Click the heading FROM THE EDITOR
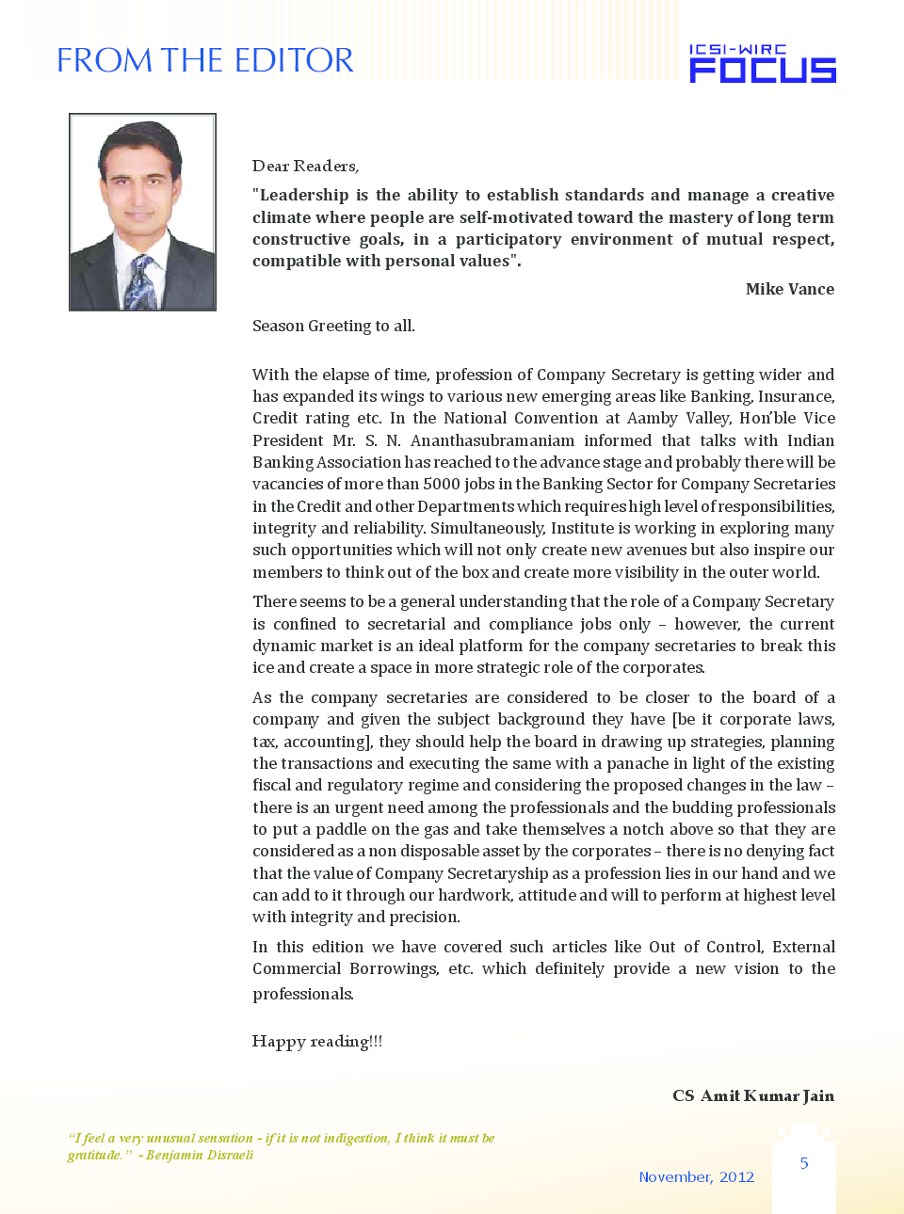coord(204,60)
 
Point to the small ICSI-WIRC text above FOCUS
coord(736,49)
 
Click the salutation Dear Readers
coord(305,166)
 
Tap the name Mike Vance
coord(789,289)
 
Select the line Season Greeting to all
coord(333,326)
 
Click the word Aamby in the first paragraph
coord(653,418)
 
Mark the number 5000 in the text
coord(442,484)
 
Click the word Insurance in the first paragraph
coord(796,396)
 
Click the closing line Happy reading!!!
coord(317,1041)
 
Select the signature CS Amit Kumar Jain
coord(752,1095)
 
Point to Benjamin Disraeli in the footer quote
coord(200,1155)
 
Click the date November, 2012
coord(696,1176)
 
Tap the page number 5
coord(804,1163)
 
